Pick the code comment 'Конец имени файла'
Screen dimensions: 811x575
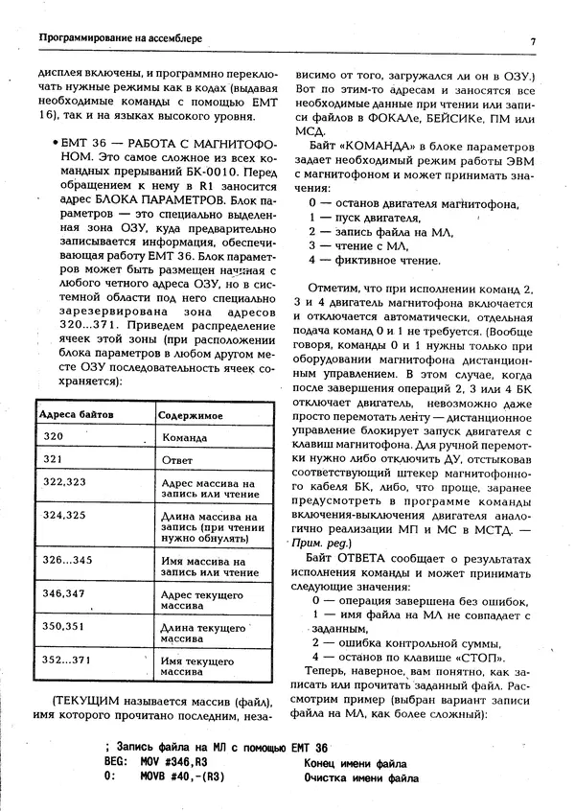(x=356, y=763)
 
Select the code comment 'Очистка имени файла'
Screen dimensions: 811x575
(x=360, y=778)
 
